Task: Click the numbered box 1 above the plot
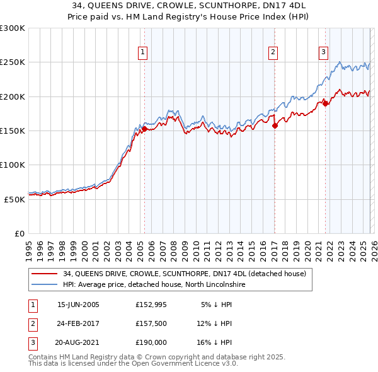144,52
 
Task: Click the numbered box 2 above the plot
273,52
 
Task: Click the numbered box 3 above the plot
323,52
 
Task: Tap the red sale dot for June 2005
144,129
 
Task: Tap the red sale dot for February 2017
275,125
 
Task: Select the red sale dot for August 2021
325,103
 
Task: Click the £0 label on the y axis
20,233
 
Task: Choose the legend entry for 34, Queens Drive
184,274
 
